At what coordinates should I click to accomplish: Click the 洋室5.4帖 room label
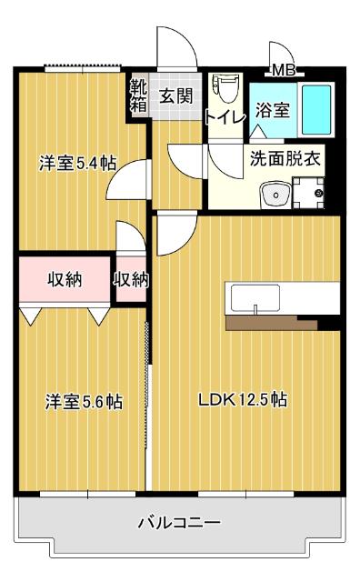tap(76, 164)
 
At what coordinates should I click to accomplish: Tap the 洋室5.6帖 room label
tap(84, 401)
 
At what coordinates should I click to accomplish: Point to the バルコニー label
tap(179, 523)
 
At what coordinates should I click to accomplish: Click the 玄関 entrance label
tap(176, 95)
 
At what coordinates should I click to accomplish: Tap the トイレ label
tap(223, 116)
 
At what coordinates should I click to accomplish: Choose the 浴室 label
tap(272, 110)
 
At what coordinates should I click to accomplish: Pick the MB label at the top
tap(284, 70)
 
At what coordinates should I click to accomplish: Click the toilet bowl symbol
tap(224, 89)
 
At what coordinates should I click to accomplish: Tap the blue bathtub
tap(316, 109)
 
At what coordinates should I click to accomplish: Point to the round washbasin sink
tap(273, 194)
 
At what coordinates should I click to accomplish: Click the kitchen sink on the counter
tap(255, 298)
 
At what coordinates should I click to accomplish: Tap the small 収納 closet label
tap(131, 280)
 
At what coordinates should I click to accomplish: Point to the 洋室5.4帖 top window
tap(83, 66)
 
